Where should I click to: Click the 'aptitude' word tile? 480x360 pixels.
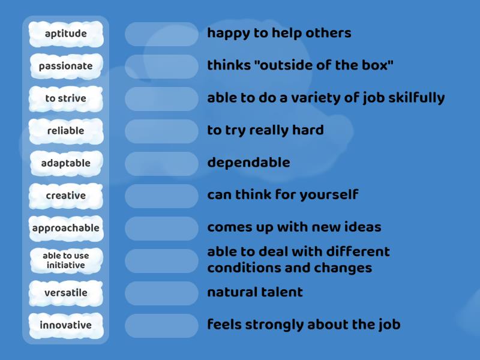[x=66, y=34]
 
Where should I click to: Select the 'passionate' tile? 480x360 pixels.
[x=66, y=66]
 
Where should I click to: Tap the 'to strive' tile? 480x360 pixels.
[x=66, y=98]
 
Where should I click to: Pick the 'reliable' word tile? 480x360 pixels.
[x=66, y=131]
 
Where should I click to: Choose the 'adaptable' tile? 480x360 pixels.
[x=66, y=163]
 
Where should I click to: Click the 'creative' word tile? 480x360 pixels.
[x=66, y=196]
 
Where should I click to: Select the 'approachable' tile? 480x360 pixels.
[x=66, y=228]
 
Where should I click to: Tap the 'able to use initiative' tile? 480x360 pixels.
[x=66, y=260]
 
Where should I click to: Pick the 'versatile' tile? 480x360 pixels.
[x=66, y=293]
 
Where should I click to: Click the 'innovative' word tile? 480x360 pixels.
[x=66, y=325]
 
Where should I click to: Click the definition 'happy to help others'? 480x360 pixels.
[x=279, y=33]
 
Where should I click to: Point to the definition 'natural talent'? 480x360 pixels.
[x=255, y=293]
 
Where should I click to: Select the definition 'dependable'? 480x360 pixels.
[x=248, y=163]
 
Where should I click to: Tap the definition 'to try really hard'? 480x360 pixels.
[x=265, y=130]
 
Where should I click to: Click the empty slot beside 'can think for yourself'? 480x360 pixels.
[x=161, y=196]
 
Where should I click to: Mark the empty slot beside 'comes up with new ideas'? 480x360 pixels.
[x=161, y=228]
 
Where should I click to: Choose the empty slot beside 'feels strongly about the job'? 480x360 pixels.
[x=161, y=325]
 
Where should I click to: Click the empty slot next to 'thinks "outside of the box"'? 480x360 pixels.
[x=161, y=66]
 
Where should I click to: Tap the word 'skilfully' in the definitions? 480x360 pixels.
[x=415, y=98]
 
